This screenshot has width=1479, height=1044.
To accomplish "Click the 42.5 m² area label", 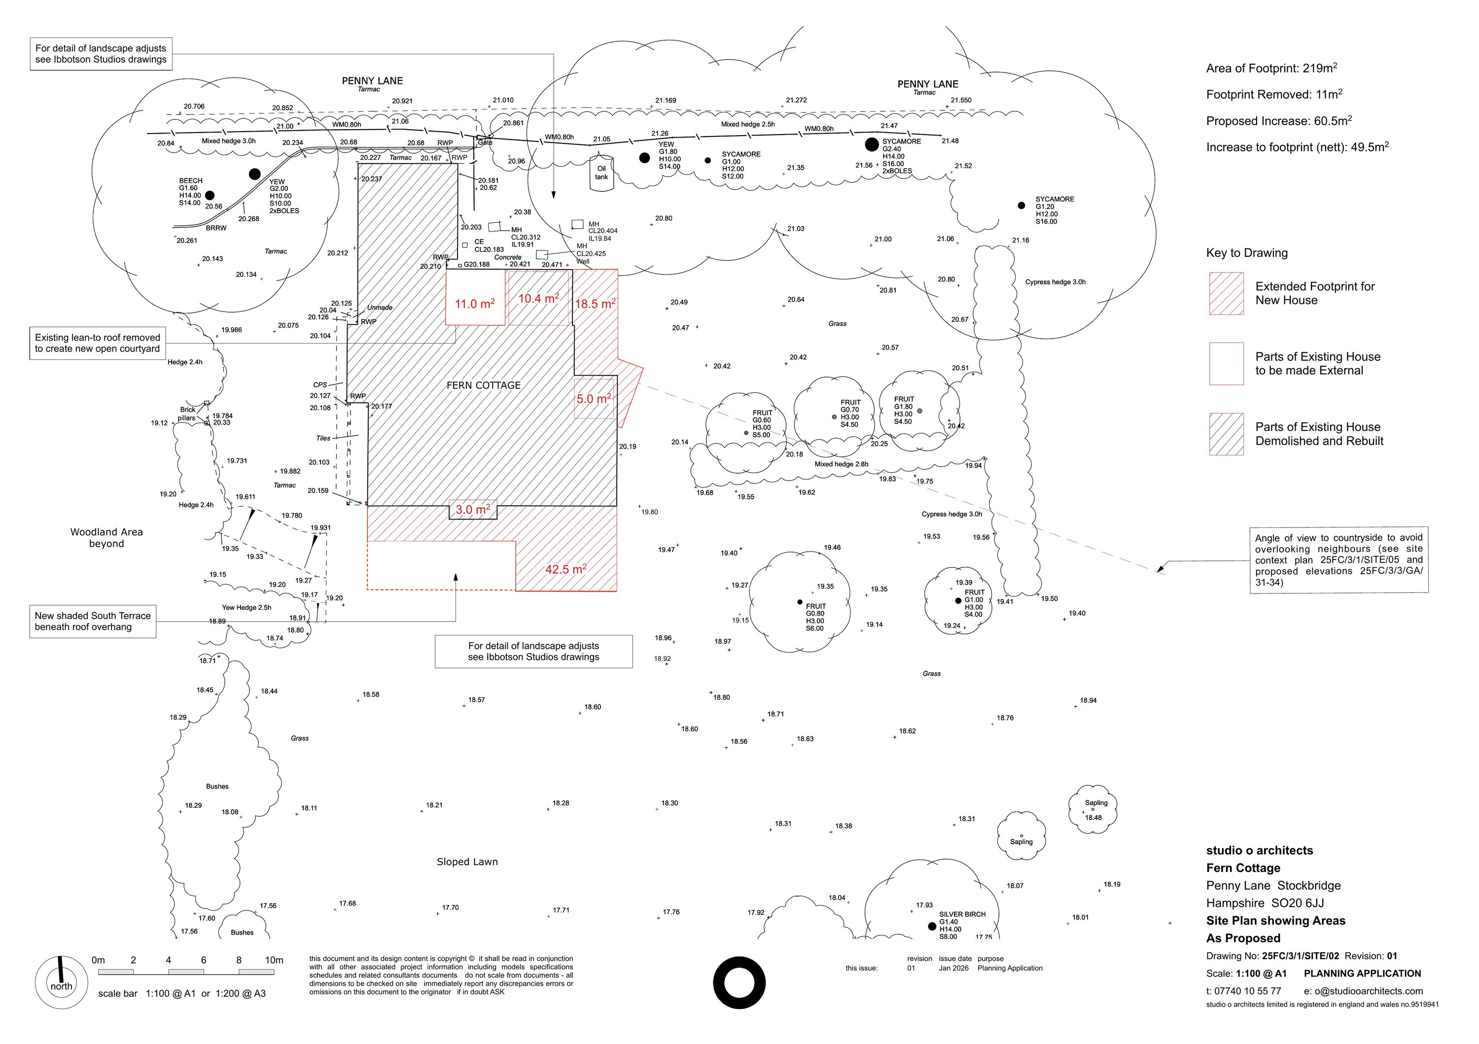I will [x=565, y=569].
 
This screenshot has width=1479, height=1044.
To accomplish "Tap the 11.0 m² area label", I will [x=475, y=303].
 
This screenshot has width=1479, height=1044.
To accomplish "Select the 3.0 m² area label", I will [x=473, y=510].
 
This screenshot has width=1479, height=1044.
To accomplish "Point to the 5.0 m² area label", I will [x=593, y=399].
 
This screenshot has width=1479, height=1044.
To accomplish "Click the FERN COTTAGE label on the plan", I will [x=483, y=385].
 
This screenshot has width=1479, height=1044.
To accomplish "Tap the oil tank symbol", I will [x=601, y=173].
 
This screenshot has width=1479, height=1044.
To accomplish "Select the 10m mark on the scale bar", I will [x=274, y=960].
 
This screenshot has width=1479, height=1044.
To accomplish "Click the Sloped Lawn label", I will [x=467, y=862].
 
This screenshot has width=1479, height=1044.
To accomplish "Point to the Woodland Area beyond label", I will [x=106, y=538].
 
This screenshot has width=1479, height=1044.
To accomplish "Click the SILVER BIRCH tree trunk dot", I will [x=931, y=927].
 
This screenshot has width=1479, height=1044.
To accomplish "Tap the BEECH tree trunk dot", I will [x=210, y=195].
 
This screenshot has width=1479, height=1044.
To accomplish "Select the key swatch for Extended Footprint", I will [x=1226, y=294].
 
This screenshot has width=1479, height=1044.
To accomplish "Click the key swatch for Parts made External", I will [x=1226, y=364].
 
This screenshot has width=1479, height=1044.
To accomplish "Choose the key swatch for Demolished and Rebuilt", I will [x=1226, y=434].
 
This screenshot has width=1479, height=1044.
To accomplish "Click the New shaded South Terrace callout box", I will [x=93, y=622].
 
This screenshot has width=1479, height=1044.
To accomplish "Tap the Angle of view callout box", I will [x=1338, y=559].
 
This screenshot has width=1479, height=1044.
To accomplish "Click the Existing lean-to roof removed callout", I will [x=97, y=343].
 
